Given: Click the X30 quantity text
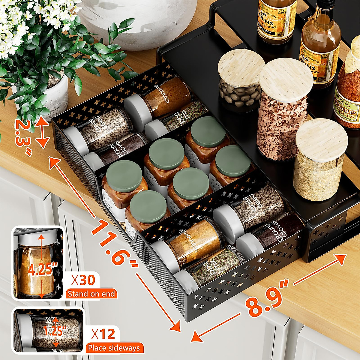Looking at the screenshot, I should tap(83, 280).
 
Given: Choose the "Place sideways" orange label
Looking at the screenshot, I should tap(114, 348).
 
